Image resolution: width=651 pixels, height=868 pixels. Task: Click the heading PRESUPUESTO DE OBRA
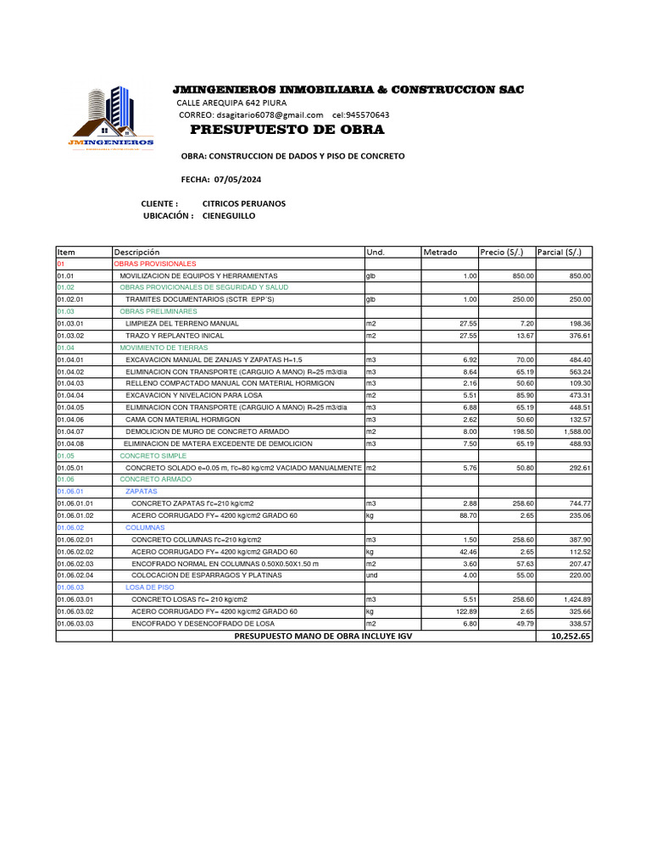(287, 130)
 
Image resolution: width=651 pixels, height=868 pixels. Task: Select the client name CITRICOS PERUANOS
(244, 203)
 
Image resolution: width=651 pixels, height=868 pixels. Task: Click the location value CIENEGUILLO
(229, 216)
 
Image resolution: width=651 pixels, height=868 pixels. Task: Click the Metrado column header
(441, 253)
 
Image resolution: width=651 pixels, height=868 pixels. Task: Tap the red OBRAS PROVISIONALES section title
(155, 264)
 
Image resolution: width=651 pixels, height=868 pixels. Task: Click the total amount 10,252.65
(570, 636)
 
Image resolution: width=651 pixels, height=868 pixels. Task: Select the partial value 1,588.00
(574, 431)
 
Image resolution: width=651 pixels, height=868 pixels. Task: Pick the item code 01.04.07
(71, 431)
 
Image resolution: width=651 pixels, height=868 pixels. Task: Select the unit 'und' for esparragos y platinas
(371, 575)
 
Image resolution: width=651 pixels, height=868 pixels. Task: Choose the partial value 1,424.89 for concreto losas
(574, 599)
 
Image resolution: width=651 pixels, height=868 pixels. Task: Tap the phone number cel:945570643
(361, 115)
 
